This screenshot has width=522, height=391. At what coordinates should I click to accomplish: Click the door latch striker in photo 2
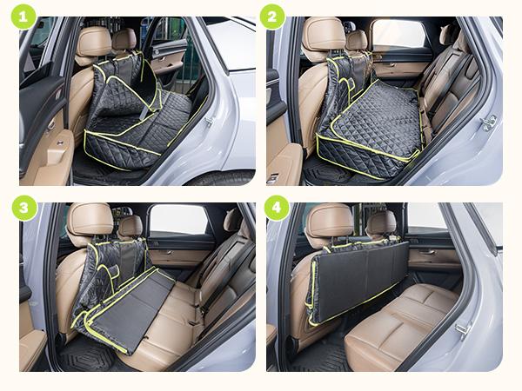click(x=488, y=123)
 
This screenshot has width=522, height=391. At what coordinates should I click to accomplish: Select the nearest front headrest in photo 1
click(x=93, y=40)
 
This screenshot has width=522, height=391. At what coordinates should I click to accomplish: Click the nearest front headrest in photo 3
click(x=90, y=219)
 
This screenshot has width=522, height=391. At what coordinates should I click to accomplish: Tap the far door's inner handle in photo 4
click(x=427, y=253)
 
